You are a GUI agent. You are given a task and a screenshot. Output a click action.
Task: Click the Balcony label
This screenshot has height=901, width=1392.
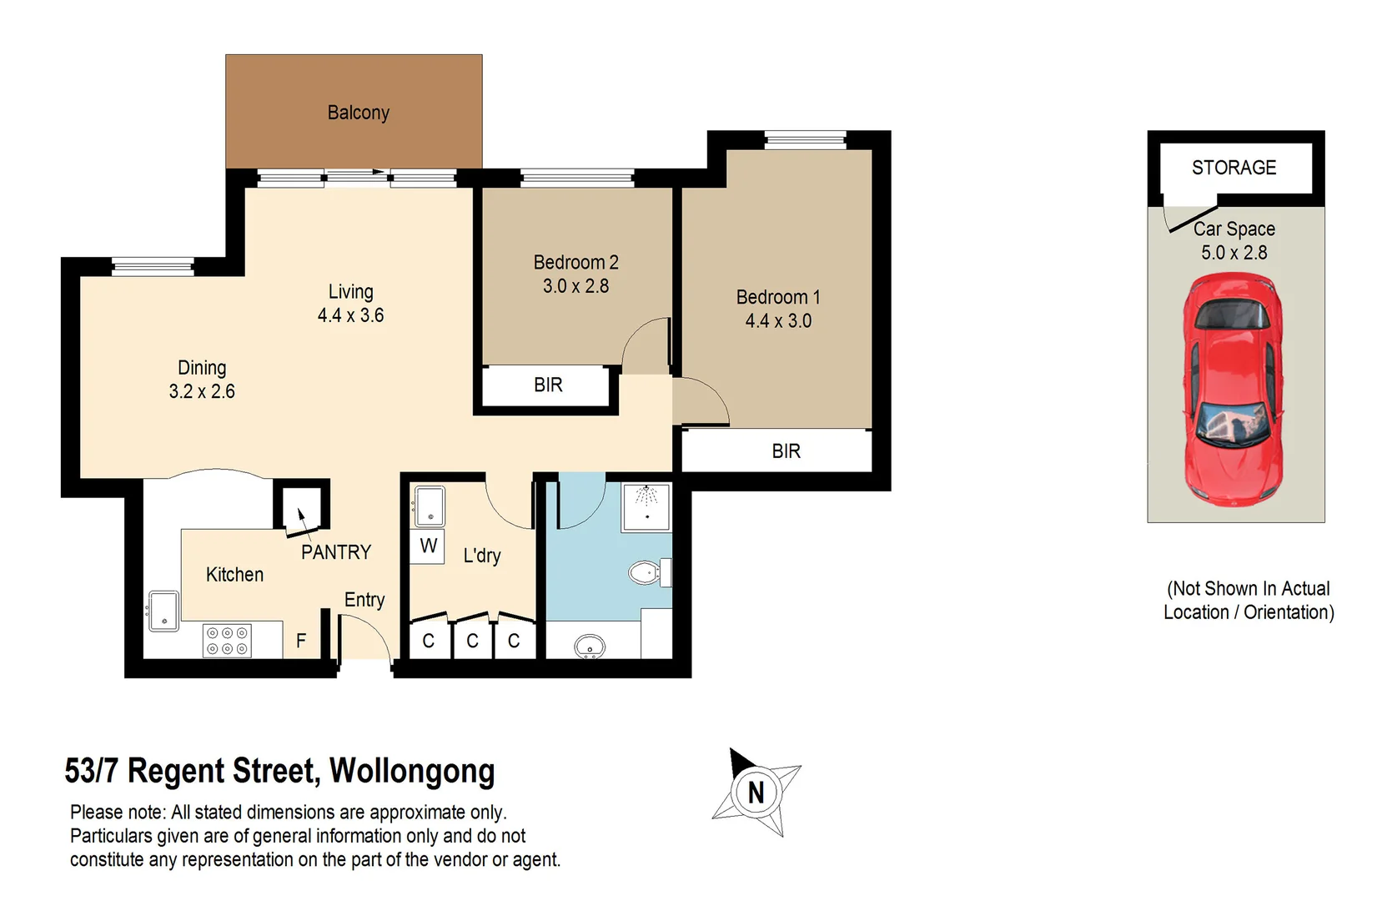tap(358, 113)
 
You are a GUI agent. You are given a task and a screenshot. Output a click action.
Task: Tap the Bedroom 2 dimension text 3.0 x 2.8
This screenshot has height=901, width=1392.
tap(575, 286)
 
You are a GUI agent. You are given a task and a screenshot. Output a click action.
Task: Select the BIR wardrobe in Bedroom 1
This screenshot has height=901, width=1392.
tap(786, 451)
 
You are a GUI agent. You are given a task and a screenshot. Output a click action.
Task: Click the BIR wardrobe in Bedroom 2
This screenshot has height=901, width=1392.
tap(548, 385)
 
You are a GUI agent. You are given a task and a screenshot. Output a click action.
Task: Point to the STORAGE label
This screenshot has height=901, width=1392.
tap(1234, 168)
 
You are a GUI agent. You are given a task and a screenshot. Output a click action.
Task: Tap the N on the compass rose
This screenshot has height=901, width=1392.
tap(756, 793)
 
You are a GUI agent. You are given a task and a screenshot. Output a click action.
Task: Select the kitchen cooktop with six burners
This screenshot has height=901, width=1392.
tap(228, 641)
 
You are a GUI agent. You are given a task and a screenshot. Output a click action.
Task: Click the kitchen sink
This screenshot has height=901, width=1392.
tap(163, 611)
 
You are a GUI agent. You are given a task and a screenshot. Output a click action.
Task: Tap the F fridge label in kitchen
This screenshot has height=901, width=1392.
tap(301, 641)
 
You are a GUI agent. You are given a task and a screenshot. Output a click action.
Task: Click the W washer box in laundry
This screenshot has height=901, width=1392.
tap(428, 546)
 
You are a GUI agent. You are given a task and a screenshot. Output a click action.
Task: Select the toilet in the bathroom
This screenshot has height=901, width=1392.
tap(646, 573)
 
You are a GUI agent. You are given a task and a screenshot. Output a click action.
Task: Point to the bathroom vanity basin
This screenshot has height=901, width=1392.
tap(590, 647)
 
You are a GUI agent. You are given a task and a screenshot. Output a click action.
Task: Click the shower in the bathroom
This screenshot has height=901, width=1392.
tap(646, 506)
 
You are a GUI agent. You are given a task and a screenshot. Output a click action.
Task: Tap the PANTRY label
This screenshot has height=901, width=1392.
tap(335, 552)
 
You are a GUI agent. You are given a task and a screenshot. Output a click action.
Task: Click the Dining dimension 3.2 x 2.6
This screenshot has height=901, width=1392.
tap(202, 391)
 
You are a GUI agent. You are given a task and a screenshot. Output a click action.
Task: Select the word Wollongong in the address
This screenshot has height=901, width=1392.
tap(412, 771)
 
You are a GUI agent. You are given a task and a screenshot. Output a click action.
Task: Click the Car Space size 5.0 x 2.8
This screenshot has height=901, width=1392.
tap(1234, 253)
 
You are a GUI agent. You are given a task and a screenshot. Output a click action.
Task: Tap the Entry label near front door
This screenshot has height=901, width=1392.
tap(364, 600)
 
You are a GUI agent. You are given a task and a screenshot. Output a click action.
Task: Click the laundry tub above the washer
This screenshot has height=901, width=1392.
tap(430, 506)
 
